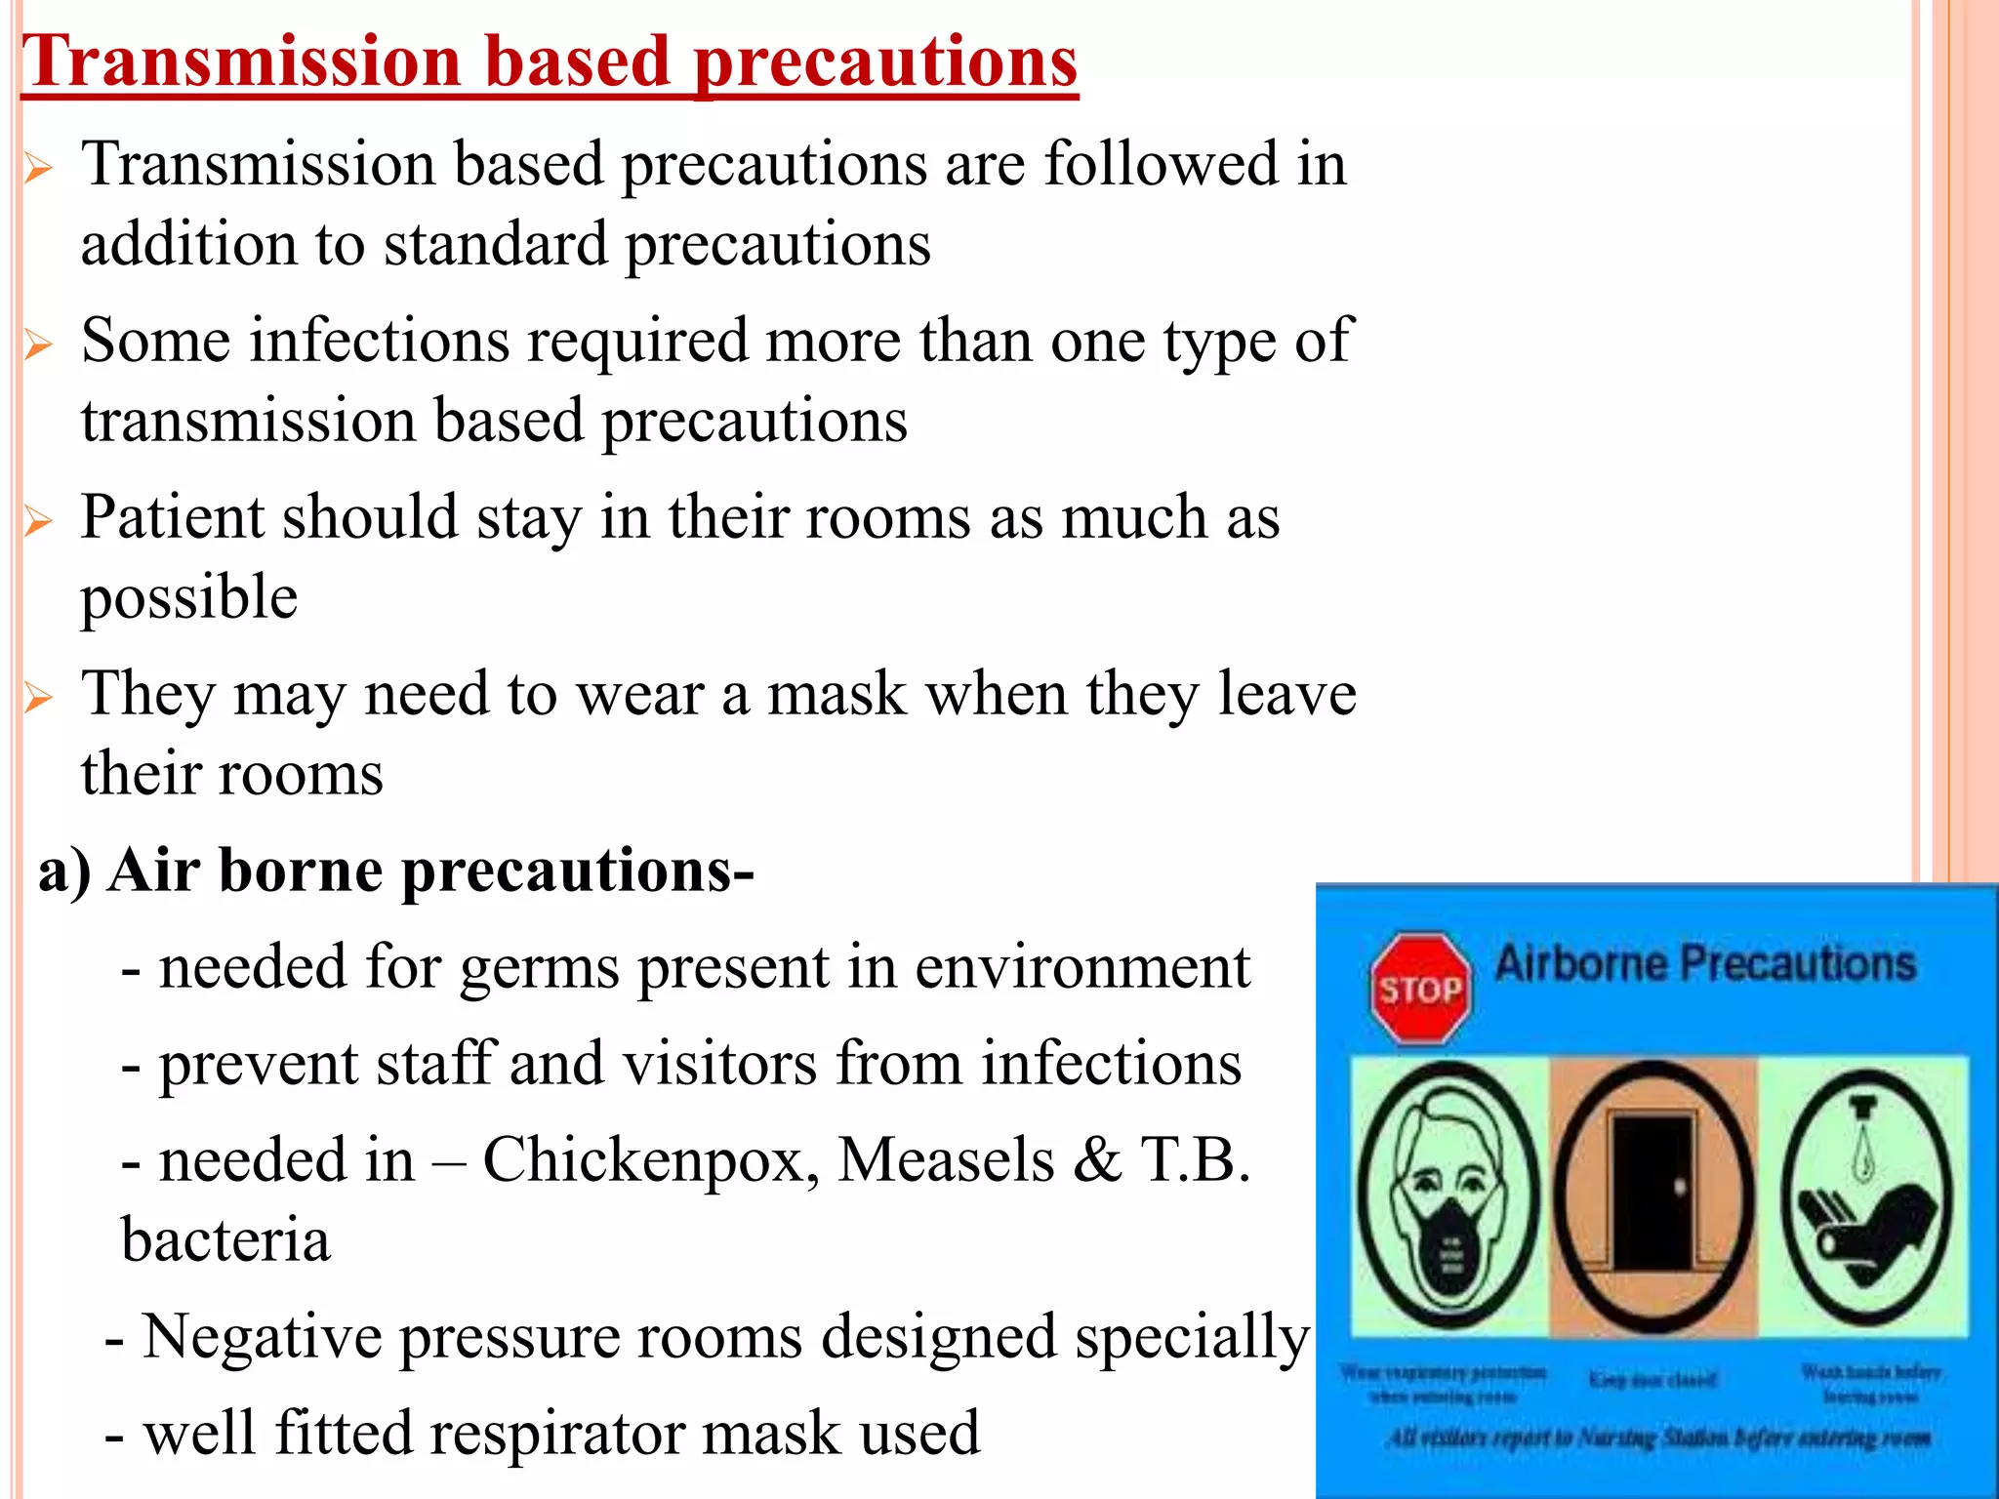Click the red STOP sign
[x=1420, y=990]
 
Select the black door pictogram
[x=1652, y=1195]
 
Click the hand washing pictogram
[x=1867, y=1195]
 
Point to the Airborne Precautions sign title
[x=1704, y=964]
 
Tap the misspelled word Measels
[x=946, y=1160]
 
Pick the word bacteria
[x=225, y=1240]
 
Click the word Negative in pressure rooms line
[x=262, y=1336]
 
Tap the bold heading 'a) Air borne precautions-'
[x=395, y=870]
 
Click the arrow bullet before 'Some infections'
[x=38, y=344]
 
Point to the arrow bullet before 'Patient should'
[x=38, y=521]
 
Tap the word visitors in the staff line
[x=719, y=1063]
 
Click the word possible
[x=188, y=598]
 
